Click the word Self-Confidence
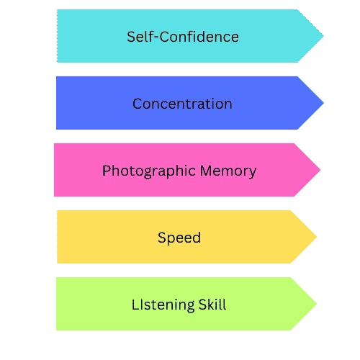pyautogui.click(x=183, y=37)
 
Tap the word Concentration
pyautogui.click(x=182, y=104)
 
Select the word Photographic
pyautogui.click(x=149, y=171)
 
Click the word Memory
pyautogui.click(x=228, y=171)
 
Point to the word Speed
pyautogui.click(x=179, y=238)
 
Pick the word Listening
pyautogui.click(x=163, y=305)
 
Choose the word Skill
pyautogui.click(x=212, y=305)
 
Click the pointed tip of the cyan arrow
pyautogui.click(x=323, y=36)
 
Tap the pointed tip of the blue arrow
pyautogui.click(x=323, y=103)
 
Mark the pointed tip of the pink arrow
pyautogui.click(x=320, y=170)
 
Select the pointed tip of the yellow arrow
pyautogui.click(x=317, y=237)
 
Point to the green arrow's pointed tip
pyautogui.click(x=317, y=304)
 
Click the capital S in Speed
pyautogui.click(x=162, y=237)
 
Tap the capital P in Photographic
pyautogui.click(x=107, y=171)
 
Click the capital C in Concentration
pyautogui.click(x=138, y=104)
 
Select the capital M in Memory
pyautogui.click(x=206, y=171)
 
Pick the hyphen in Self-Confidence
pyautogui.click(x=156, y=38)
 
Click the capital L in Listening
pyautogui.click(x=135, y=305)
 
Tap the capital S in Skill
pyautogui.click(x=203, y=305)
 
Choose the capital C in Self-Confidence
pyautogui.click(x=165, y=37)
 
